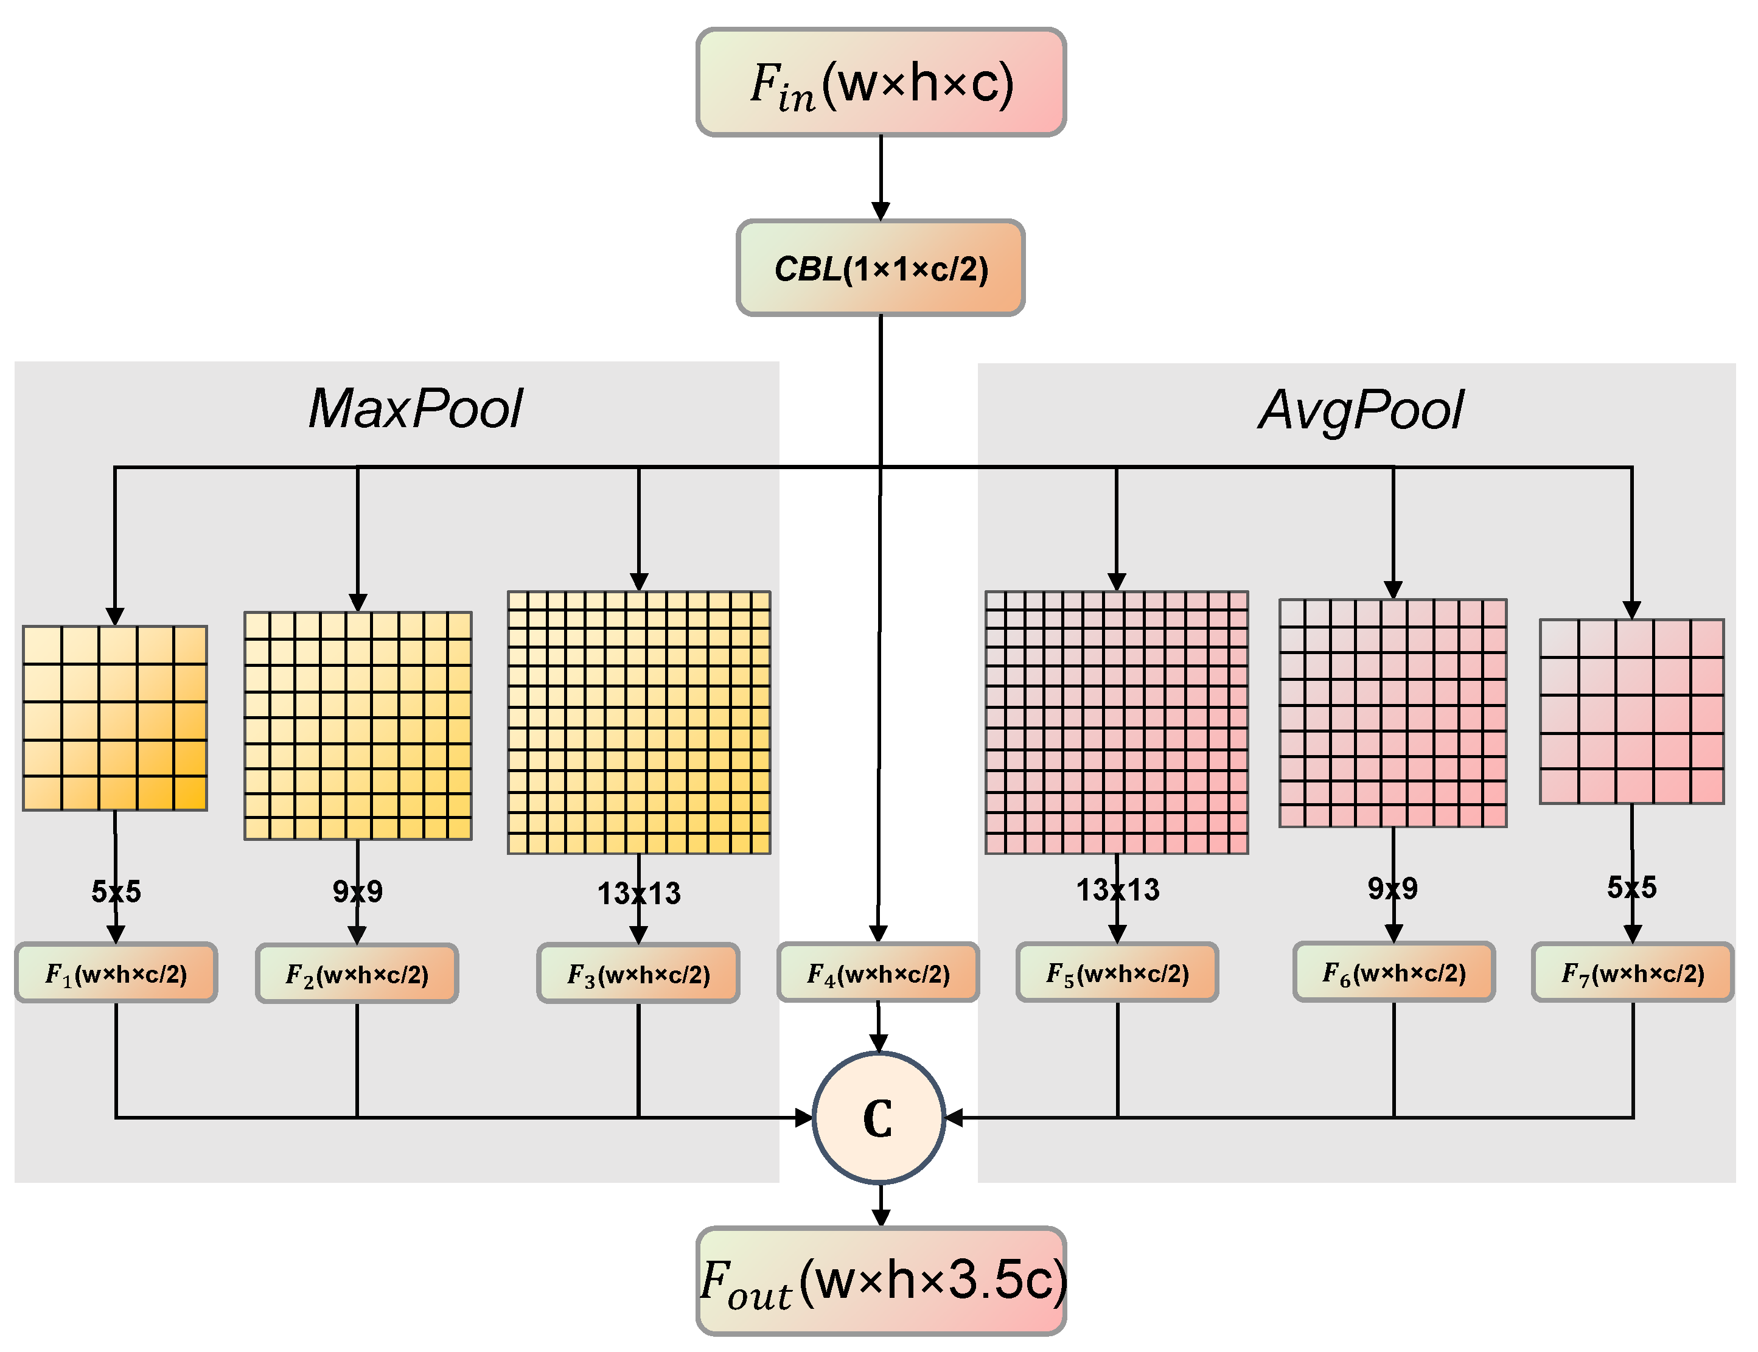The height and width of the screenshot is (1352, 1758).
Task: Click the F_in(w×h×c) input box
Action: tap(881, 82)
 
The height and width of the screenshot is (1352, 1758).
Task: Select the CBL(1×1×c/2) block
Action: tap(881, 268)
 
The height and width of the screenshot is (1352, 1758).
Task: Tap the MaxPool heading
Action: tap(416, 409)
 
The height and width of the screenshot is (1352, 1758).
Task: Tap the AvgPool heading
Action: tap(1361, 411)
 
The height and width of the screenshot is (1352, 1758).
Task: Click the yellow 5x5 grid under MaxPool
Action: tap(115, 718)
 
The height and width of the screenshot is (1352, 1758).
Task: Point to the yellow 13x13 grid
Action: tap(638, 723)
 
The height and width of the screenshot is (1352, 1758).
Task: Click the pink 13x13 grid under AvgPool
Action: tap(1117, 723)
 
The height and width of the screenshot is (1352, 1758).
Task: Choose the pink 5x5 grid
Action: tap(1631, 711)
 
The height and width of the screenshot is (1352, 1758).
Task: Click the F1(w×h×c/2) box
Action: tap(116, 974)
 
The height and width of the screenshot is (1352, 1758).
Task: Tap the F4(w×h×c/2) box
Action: tap(878, 974)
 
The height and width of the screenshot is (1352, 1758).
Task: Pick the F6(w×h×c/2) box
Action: tap(1394, 973)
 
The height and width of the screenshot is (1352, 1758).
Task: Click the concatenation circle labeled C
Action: tap(878, 1118)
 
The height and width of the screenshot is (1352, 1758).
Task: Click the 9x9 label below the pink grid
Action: tap(1392, 888)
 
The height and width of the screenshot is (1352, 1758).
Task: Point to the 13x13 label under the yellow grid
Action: tap(638, 893)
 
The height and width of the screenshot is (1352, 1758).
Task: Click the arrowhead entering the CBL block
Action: tap(881, 211)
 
